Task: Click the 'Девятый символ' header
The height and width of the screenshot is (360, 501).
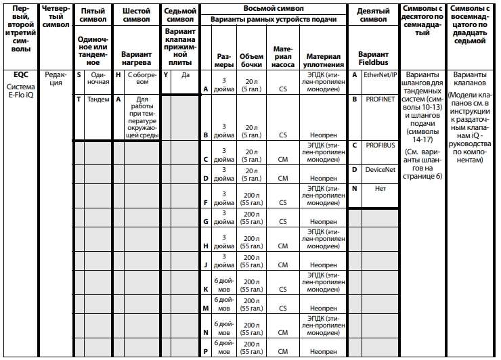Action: coord(373,16)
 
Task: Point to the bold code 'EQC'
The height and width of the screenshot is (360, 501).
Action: coord(14,75)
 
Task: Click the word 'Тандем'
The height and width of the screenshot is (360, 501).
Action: coord(98,99)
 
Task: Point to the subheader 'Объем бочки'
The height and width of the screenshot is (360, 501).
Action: coord(252,60)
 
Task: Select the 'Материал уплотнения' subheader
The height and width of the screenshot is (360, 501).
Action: coord(321,60)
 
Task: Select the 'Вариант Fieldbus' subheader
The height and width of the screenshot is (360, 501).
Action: coord(373,58)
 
